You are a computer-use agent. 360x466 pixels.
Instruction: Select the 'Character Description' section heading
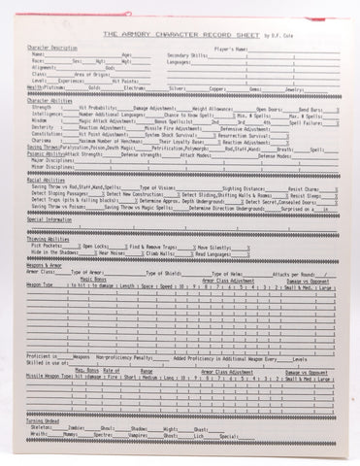[51, 47]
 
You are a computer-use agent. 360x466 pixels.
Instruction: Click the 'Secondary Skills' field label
[190, 54]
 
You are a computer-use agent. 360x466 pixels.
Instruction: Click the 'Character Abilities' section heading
[49, 100]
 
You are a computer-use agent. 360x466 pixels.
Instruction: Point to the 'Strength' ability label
[42, 108]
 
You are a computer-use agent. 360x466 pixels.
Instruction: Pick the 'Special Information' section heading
[49, 219]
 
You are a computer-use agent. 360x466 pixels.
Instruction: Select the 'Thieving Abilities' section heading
[48, 238]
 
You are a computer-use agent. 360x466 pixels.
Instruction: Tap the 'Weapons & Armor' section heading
[44, 264]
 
